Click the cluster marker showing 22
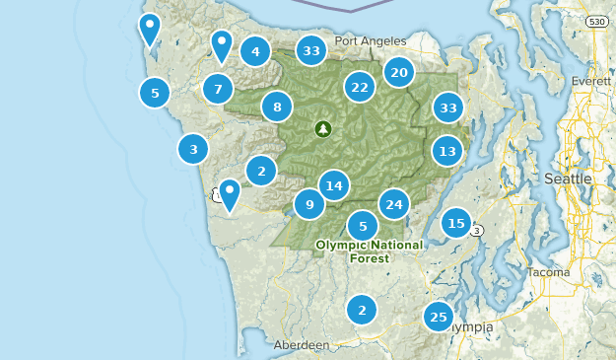point(360,88)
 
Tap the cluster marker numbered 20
point(399,72)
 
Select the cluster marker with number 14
point(334,185)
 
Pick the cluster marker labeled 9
point(309,204)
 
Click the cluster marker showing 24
point(394,204)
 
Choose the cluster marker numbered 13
point(447,151)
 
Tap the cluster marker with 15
point(455,223)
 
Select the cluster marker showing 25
point(439,317)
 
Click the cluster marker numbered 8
point(278,107)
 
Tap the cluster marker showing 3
point(193,150)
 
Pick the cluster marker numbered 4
point(255,52)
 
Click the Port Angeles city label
point(370,41)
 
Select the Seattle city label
point(568,179)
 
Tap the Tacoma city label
point(548,271)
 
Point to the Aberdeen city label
point(302,345)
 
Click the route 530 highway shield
point(597,21)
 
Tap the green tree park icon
point(323,128)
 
